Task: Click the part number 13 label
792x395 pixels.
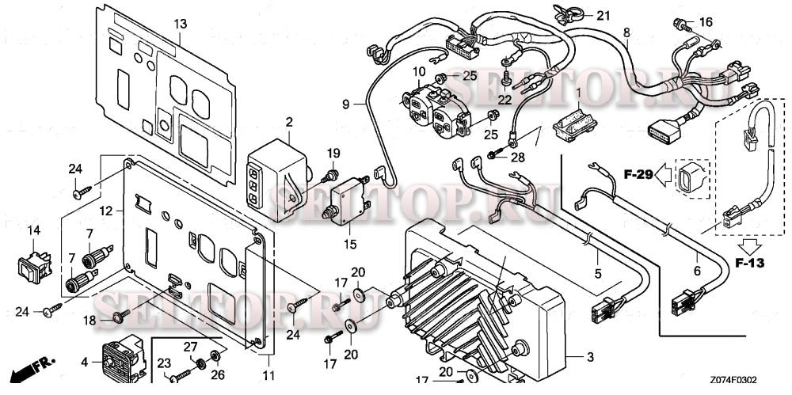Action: [181, 23]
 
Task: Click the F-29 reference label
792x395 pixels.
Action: [638, 175]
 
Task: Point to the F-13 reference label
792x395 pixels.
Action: [749, 263]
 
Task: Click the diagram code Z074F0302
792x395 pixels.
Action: [733, 380]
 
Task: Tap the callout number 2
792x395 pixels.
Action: [288, 122]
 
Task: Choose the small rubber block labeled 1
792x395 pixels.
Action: [575, 123]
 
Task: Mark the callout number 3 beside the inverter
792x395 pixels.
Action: [590, 358]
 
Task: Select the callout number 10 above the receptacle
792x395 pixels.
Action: [419, 71]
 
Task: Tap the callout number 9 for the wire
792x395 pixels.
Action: [345, 104]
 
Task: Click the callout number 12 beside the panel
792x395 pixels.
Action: [106, 211]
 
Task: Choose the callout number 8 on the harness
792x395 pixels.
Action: [626, 32]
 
